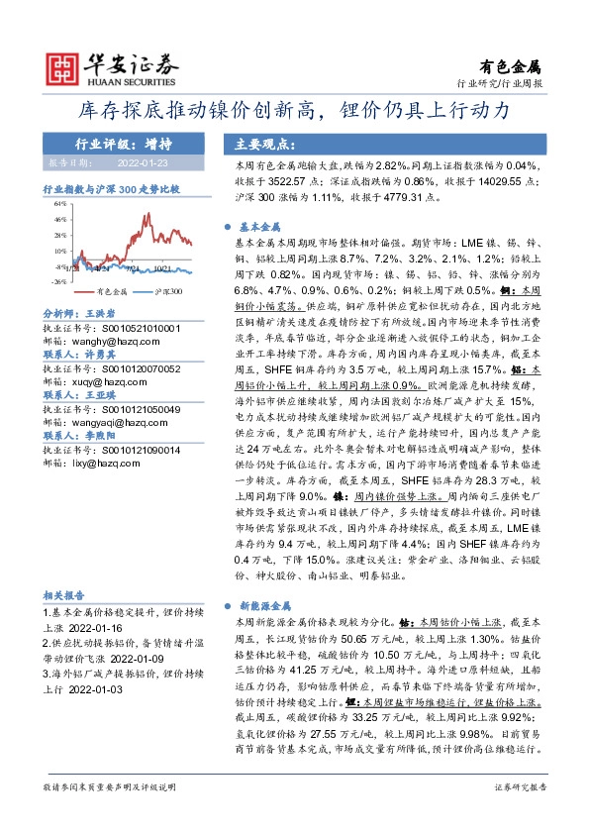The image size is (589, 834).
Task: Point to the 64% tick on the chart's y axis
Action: (61, 209)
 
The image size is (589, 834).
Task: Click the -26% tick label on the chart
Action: (59, 281)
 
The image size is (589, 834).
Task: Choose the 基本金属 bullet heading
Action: (267, 227)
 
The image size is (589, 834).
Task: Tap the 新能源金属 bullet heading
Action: (272, 603)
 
